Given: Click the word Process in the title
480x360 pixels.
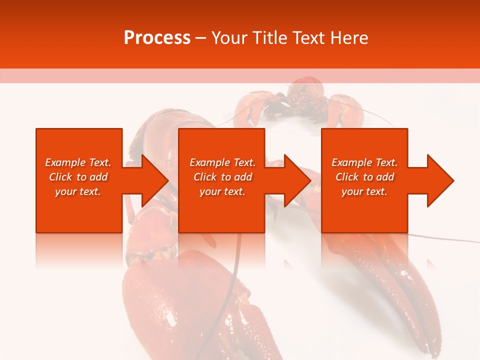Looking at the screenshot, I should tap(156, 37).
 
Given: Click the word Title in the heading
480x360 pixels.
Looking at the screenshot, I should tap(269, 37).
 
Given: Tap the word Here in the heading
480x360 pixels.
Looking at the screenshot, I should tap(349, 37).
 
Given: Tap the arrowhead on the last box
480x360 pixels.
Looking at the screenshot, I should tap(438, 180).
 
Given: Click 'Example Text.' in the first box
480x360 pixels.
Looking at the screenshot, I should tap(78, 162).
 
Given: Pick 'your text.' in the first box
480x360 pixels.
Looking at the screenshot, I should tap(78, 191).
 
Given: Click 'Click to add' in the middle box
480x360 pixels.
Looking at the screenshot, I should tap(222, 177).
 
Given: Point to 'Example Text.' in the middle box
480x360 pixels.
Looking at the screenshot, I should tap(222, 162).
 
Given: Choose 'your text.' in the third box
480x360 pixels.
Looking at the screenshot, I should tap(364, 191).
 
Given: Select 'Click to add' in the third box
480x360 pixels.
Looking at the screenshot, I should tap(364, 177).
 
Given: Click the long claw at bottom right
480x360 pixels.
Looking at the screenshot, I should tap(400, 290).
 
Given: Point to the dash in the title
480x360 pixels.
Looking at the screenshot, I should tap(201, 38).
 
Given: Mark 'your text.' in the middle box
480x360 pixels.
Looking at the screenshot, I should tap(222, 191).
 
